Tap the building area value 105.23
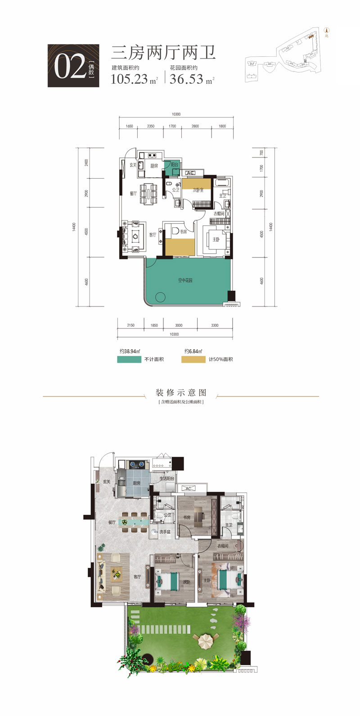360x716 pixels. [129, 79]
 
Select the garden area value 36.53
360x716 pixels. [187, 79]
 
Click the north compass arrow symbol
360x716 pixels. [327, 31]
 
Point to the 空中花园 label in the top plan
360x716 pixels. [185, 280]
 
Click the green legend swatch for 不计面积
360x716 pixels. [129, 360]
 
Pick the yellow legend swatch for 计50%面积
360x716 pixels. [193, 360]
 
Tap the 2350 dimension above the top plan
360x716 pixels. [150, 126]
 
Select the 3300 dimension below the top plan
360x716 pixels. [215, 325]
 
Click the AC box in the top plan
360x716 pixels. [190, 173]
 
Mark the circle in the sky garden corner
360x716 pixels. [160, 297]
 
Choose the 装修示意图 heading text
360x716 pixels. [181, 392]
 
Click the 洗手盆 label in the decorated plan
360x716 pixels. [165, 532]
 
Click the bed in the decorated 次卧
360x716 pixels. [168, 581]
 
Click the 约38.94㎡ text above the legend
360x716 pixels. [130, 351]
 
